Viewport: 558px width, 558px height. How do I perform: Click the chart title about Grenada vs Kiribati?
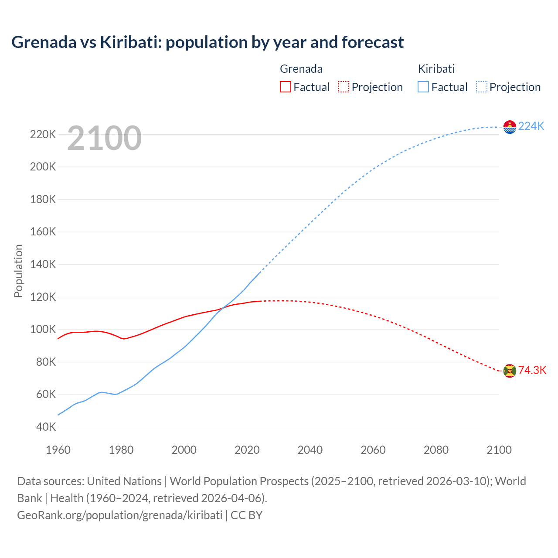pos(208,42)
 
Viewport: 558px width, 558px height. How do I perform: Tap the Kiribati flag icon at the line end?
pos(510,127)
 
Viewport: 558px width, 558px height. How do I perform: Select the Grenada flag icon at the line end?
pos(510,371)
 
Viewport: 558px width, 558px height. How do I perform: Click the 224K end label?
pos(531,126)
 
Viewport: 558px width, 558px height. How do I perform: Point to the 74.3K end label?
pos(532,371)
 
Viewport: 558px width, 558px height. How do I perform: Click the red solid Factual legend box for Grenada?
pos(285,87)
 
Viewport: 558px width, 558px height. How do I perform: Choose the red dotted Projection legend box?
pos(344,87)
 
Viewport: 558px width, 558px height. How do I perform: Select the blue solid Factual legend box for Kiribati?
pos(423,87)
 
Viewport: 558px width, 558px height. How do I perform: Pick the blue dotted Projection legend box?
pos(481,87)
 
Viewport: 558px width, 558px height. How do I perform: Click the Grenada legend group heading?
pos(301,69)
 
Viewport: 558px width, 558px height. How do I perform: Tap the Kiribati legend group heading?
pos(436,69)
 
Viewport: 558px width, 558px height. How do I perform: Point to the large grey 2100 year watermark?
pos(105,138)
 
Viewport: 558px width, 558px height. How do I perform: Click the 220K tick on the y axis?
pos(43,135)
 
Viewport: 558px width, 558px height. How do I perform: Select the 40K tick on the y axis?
pos(46,427)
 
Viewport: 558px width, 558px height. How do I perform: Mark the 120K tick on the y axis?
pos(43,297)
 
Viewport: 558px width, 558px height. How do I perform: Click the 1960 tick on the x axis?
pos(58,450)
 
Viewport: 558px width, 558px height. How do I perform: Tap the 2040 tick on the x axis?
pos(310,450)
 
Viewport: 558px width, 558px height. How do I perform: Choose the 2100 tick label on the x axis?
pos(499,450)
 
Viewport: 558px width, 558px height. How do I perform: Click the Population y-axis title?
pos(18,271)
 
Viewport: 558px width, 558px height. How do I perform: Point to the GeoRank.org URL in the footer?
pos(120,515)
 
